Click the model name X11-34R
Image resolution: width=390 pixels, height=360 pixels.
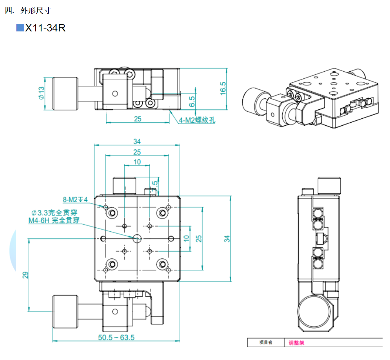(45, 28)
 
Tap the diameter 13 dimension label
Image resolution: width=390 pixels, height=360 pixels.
(41, 93)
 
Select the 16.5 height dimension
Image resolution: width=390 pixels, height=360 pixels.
(223, 89)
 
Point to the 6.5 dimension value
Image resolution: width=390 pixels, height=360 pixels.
(192, 101)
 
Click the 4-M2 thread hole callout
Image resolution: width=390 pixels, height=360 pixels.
(197, 120)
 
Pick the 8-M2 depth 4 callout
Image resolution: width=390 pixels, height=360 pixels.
(75, 200)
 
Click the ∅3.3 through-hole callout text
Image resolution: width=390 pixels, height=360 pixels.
(55, 213)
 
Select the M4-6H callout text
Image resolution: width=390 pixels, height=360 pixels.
(54, 221)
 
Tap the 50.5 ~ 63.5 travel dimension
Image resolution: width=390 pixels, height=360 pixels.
(116, 337)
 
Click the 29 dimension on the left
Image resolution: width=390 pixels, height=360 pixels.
(25, 275)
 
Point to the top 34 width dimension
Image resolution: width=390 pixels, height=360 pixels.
(137, 142)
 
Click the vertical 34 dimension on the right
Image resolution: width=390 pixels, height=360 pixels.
(227, 238)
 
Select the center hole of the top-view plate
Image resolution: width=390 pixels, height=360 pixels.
(137, 238)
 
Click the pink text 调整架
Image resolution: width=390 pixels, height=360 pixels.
(296, 343)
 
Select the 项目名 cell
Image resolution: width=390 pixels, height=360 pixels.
(266, 343)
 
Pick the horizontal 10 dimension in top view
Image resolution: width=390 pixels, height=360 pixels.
(137, 162)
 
